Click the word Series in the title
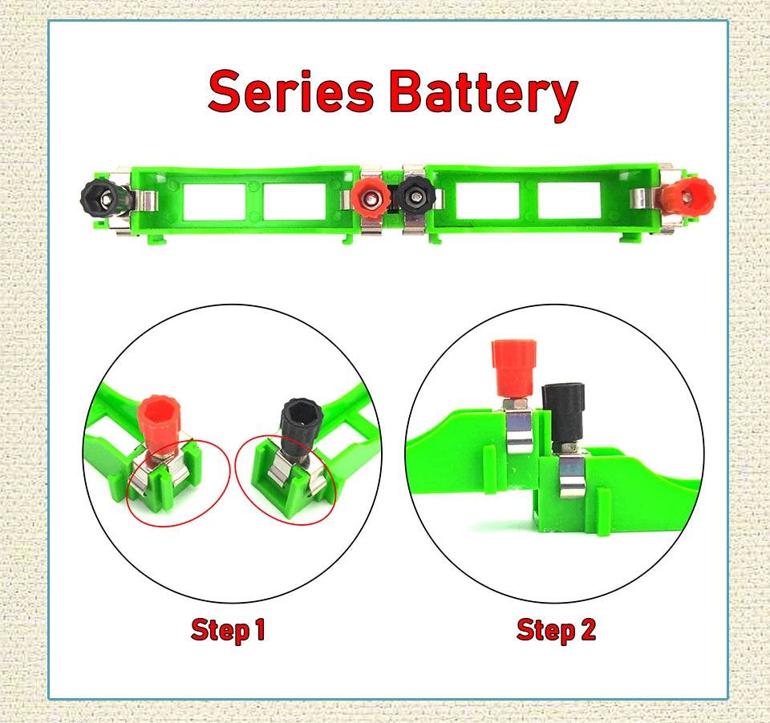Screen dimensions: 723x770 pos(290,91)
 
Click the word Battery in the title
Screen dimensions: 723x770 pos(483,93)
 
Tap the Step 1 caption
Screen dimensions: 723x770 pos(228,629)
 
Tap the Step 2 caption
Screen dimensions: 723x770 pos(556,629)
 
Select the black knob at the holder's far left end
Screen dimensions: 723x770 pos(100,195)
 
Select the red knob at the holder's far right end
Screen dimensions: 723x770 pos(691,195)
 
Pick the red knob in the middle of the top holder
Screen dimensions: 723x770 pos(370,195)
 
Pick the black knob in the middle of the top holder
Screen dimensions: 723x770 pos(415,195)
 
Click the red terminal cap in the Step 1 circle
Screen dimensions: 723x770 pos(159,422)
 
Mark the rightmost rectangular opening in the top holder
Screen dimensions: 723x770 pos(569,201)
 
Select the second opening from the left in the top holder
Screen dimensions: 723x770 pos(294,201)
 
